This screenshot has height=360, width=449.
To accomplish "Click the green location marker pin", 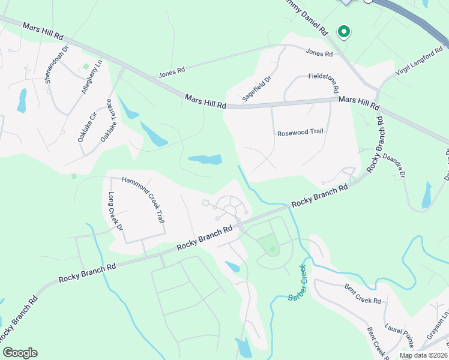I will click(x=343, y=31).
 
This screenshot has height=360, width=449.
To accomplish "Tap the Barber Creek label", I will click(x=297, y=283).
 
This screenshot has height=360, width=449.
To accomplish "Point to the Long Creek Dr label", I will click(x=115, y=212).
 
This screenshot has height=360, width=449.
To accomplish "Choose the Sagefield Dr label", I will click(x=257, y=88).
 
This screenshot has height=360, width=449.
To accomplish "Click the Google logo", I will click(x=20, y=353).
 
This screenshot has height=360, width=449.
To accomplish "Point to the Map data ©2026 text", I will click(x=424, y=355).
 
